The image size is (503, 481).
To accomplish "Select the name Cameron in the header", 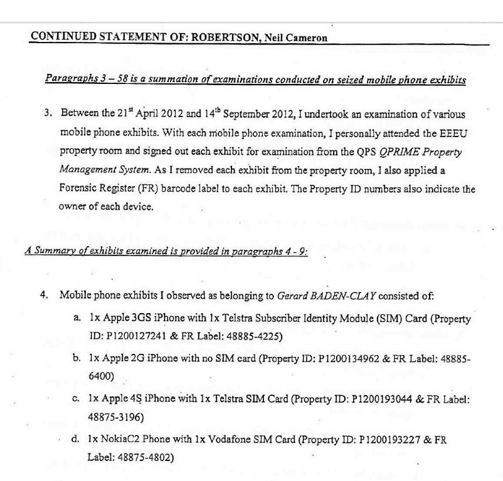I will (305, 38).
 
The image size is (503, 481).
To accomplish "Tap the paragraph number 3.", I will (48, 114).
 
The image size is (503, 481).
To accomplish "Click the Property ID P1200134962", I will (351, 359).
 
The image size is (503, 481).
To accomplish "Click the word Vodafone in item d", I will (231, 440).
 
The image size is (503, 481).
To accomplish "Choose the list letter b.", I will (76, 358).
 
